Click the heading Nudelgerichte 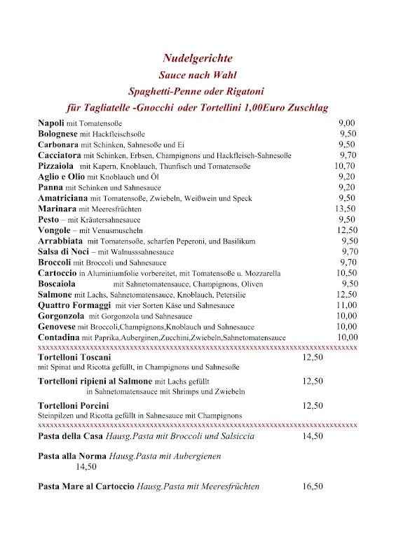click(198, 58)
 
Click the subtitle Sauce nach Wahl click(198, 75)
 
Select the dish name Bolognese click(57, 134)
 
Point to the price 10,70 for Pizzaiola click(345, 166)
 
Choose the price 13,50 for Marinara click(345, 209)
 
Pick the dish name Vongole click(54, 230)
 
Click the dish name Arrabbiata click(60, 241)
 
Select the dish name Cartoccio click(57, 273)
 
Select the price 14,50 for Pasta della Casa click(313, 436)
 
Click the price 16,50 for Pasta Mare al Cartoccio click(313, 486)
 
